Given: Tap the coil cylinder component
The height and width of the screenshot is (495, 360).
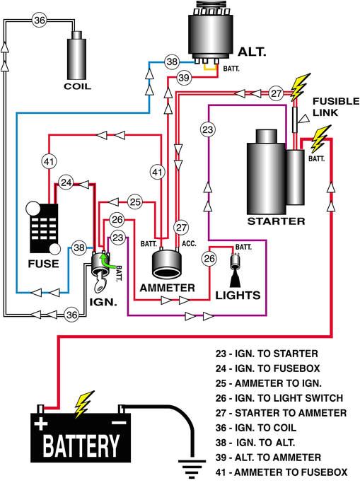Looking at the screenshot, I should [x=78, y=56].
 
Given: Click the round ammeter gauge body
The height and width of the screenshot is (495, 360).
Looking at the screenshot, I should [x=170, y=263].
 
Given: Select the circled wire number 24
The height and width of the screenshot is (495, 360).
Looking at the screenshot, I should [x=66, y=182].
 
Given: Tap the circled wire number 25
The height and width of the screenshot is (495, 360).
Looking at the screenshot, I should [x=136, y=202].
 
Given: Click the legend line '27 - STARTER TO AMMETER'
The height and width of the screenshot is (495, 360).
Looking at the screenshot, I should [x=281, y=412].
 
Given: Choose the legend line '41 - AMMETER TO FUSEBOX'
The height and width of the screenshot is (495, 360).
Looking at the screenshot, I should [x=282, y=472].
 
